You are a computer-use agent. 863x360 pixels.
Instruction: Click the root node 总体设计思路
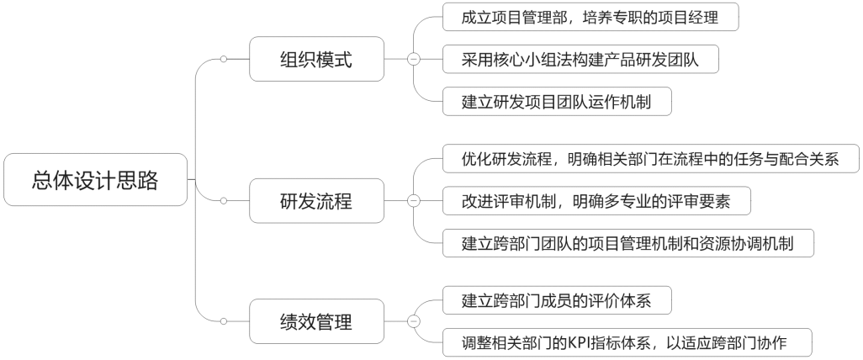(x=95, y=179)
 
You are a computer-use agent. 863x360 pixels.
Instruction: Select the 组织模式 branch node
(x=315, y=59)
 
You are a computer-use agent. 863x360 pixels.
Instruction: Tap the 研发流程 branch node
(x=315, y=201)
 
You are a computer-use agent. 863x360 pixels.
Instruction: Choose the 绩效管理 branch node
(x=315, y=321)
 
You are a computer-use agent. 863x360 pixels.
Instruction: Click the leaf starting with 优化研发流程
(x=649, y=158)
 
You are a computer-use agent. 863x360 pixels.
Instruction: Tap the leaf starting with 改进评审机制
(x=596, y=201)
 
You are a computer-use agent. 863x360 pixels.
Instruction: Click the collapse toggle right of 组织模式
(x=413, y=59)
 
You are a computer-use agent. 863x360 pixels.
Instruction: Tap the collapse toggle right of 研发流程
(x=413, y=201)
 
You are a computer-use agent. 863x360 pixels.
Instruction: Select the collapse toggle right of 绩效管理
(x=413, y=321)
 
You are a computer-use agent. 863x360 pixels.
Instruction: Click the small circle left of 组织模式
(x=224, y=59)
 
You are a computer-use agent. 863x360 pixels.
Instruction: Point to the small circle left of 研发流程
(x=224, y=201)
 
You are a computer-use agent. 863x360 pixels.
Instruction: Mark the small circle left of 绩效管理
(x=224, y=321)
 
